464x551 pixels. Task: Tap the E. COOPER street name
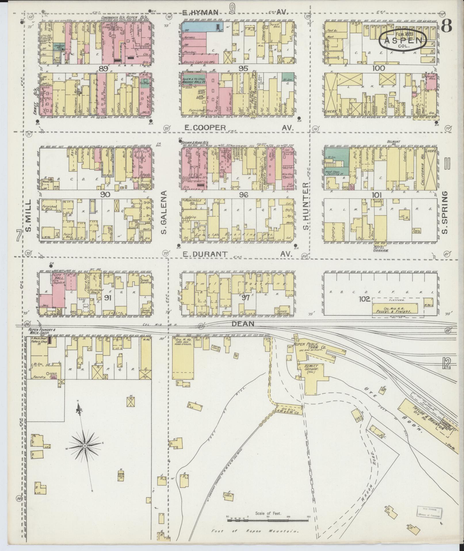(x=205, y=128)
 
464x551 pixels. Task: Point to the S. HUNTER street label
(x=306, y=206)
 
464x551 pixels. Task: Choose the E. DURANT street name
(x=205, y=254)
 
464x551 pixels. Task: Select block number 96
(x=243, y=195)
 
